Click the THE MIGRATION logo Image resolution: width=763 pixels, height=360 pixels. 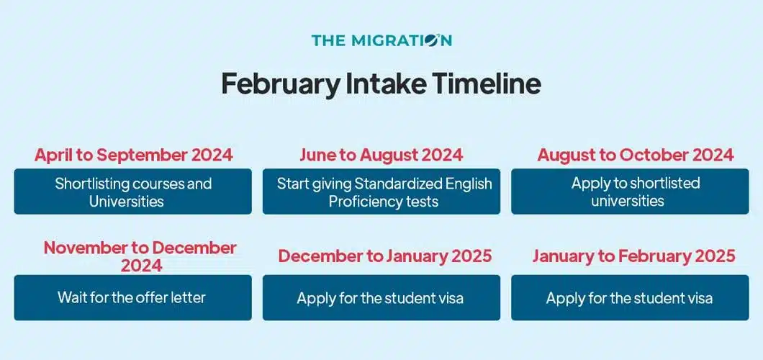[381, 40]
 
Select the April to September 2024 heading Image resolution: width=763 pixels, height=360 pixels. [133, 155]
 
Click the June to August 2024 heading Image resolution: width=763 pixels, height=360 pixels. [381, 155]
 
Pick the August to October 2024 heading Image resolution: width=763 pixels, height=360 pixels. [636, 155]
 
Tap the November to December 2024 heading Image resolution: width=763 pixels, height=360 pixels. [140, 256]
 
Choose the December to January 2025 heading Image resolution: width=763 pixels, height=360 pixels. [385, 256]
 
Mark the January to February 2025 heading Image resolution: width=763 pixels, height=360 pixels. [633, 256]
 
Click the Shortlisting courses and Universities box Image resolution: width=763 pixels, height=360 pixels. [133, 192]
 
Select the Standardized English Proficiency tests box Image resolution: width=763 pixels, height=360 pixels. [381, 192]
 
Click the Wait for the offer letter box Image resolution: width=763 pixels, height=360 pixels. [133, 297]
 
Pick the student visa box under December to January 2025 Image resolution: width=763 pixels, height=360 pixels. [381, 297]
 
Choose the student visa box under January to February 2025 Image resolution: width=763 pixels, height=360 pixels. [630, 297]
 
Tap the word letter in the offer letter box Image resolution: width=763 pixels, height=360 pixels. [186, 297]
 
